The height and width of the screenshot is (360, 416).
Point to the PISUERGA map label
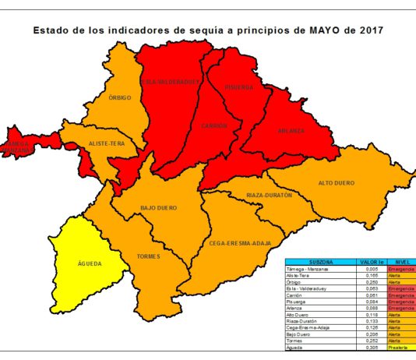click(240, 87)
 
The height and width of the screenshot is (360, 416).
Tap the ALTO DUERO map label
click(337, 183)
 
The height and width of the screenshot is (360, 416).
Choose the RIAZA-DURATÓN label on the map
click(269, 195)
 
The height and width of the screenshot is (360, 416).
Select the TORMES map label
click(148, 256)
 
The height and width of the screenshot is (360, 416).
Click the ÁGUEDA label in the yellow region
click(90, 264)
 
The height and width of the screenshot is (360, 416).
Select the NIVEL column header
click(402, 263)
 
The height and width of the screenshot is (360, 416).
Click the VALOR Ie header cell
click(372, 263)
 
